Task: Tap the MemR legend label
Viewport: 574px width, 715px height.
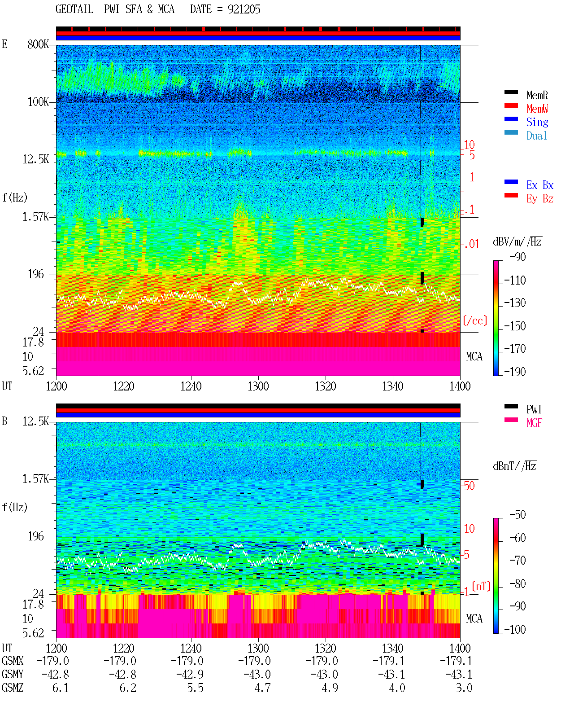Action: (537, 95)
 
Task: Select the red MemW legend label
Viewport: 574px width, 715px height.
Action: (537, 109)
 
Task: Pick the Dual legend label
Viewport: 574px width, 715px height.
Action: (536, 136)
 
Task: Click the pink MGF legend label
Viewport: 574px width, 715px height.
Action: (534, 423)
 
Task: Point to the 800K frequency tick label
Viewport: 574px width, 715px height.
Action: (38, 44)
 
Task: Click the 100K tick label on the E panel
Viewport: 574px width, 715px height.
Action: (38, 102)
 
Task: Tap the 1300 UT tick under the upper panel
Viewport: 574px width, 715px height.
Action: (258, 386)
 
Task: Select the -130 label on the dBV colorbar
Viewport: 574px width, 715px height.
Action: (515, 303)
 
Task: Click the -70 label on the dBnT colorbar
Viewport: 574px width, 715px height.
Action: (517, 560)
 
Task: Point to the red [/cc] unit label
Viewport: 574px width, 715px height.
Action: (475, 320)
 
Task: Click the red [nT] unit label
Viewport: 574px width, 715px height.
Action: (481, 586)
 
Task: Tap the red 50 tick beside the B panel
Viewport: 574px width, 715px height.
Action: (469, 486)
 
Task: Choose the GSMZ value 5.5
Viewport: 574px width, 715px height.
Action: (195, 688)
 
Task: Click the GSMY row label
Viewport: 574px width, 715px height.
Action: (13, 674)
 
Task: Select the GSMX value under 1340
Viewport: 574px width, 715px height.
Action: (388, 661)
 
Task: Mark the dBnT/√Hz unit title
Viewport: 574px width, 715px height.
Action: (514, 466)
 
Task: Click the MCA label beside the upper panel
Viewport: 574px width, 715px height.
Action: (474, 356)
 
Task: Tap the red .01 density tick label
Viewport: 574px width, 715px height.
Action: (472, 245)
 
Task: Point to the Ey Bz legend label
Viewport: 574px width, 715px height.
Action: (540, 198)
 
